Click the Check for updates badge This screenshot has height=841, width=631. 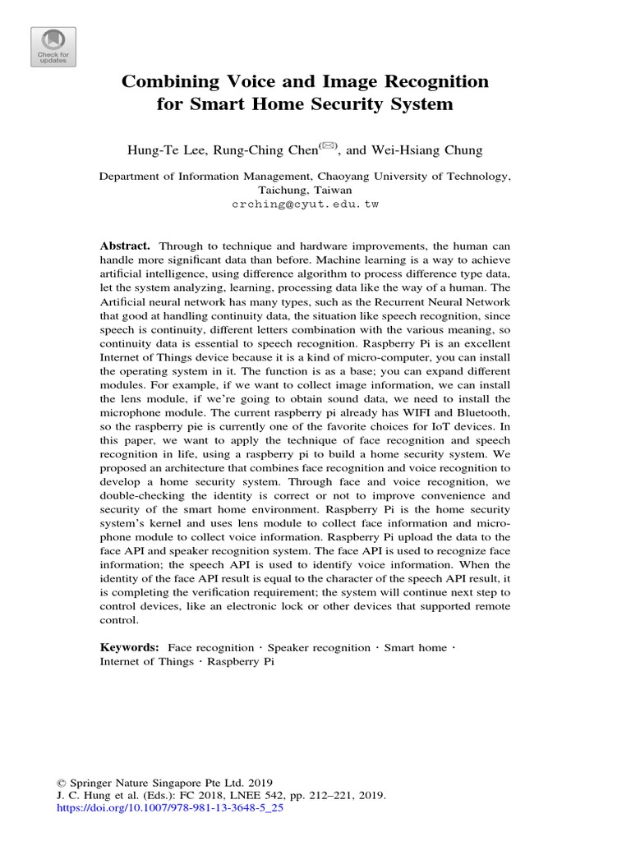point(53,47)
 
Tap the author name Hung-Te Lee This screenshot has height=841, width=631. point(161,149)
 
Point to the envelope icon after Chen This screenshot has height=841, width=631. point(329,145)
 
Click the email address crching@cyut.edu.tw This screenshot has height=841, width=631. point(305,204)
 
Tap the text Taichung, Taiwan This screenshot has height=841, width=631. point(305,189)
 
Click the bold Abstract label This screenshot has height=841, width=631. point(125,246)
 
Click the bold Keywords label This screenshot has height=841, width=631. point(130,648)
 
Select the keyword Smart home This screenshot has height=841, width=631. point(416,648)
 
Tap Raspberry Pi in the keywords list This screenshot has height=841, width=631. point(240,661)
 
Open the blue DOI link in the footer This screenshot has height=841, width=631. point(168,808)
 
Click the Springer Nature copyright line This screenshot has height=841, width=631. point(164,783)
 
